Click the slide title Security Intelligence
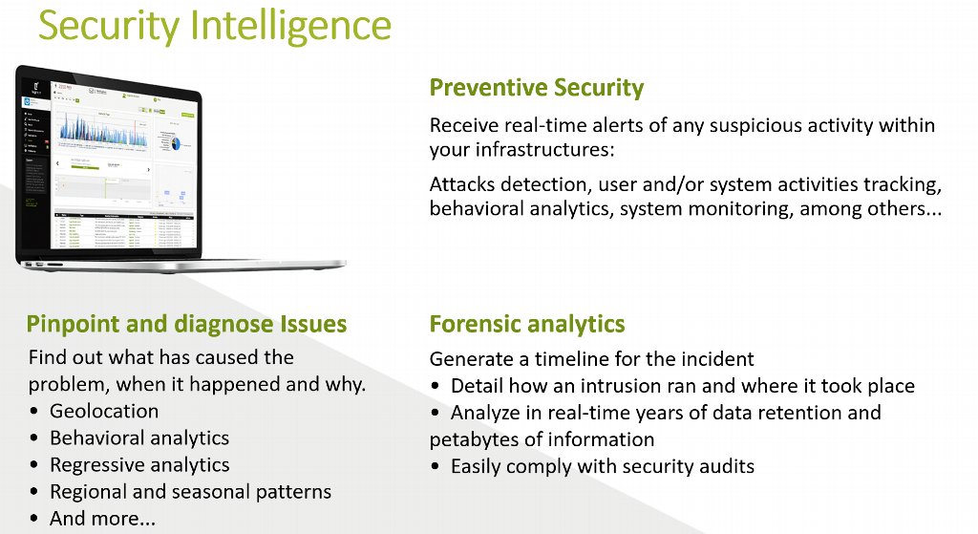(214, 26)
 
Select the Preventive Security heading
(536, 88)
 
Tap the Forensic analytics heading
(526, 324)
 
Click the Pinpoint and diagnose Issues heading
(186, 324)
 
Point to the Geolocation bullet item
(104, 411)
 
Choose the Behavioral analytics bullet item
(139, 438)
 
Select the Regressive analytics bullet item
(139, 465)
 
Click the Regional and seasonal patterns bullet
(190, 492)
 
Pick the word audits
(725, 466)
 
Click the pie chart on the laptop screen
(175, 141)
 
